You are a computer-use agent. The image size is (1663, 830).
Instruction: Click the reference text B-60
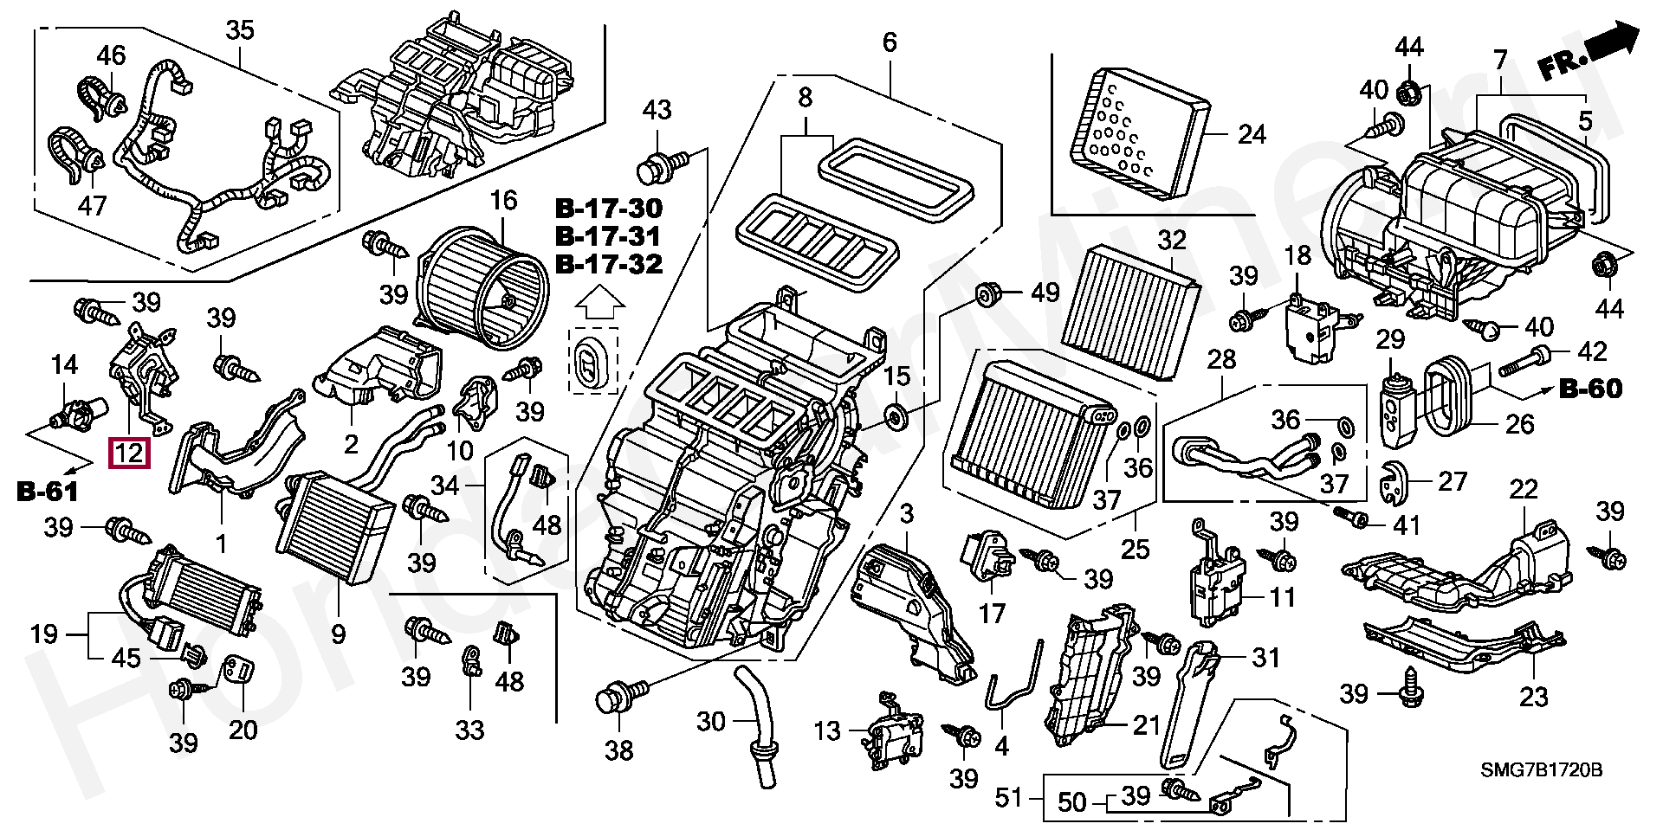[1590, 389]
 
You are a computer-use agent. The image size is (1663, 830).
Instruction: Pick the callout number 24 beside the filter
[1252, 134]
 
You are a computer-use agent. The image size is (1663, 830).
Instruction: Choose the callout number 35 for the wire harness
[239, 30]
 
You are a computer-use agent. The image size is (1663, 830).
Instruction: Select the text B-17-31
[609, 236]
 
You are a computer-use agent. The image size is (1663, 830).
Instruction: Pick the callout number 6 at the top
[890, 42]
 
